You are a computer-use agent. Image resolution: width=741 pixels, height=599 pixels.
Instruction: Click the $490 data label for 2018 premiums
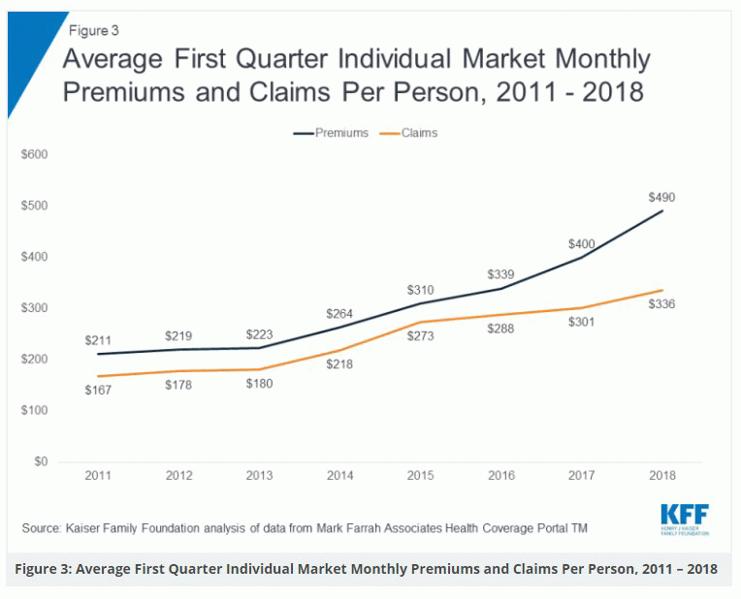661,197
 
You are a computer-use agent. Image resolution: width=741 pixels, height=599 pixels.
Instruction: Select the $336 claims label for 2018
661,304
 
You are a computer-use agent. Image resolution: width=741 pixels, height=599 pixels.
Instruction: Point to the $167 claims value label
98,390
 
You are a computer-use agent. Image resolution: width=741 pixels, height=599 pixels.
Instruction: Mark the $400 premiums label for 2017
582,244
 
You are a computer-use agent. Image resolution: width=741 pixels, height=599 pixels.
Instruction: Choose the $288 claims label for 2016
500,330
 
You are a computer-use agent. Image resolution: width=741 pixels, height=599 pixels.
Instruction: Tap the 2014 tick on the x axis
339,476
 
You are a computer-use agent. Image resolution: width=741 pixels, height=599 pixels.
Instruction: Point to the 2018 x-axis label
661,476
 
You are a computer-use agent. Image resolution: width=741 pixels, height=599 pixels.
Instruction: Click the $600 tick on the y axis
35,154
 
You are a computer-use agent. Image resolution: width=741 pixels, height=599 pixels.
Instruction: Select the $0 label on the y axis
41,461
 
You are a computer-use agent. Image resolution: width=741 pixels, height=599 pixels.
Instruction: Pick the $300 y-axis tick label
35,308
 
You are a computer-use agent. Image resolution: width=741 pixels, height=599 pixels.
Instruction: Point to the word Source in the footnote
43,527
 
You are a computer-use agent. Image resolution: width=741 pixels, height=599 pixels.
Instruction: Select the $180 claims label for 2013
259,383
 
